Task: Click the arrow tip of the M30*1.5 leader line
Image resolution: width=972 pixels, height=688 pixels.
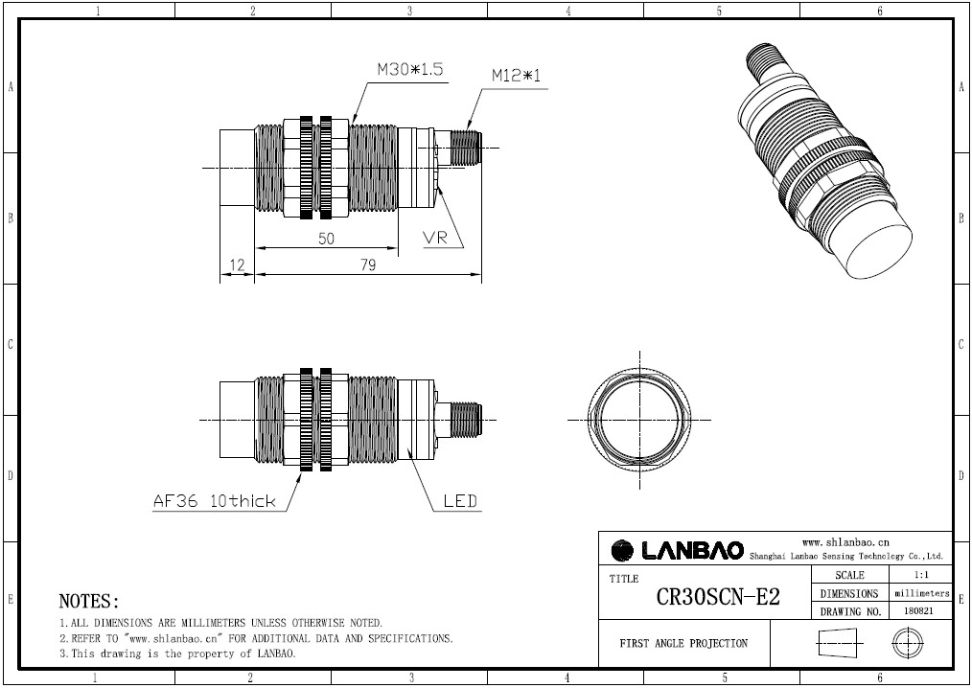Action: click(352, 122)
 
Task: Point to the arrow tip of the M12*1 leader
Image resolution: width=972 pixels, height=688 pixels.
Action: click(467, 129)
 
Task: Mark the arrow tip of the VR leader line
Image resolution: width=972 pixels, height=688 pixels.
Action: click(438, 188)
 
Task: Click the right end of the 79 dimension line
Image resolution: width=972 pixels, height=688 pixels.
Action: click(481, 273)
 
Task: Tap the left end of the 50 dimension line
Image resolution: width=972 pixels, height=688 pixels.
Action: click(255, 248)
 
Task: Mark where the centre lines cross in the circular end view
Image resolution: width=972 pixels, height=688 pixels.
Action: click(639, 420)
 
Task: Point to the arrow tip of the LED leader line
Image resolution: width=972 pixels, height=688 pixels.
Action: click(407, 447)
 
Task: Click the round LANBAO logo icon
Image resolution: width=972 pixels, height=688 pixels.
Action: click(622, 550)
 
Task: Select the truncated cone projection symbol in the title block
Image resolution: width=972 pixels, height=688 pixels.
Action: click(837, 643)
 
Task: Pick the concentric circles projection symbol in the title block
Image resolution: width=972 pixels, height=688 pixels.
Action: click(907, 643)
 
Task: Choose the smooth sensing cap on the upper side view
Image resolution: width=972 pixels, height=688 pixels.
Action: click(238, 168)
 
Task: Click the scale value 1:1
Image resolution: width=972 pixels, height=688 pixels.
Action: click(920, 575)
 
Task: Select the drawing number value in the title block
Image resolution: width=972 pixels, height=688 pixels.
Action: click(920, 610)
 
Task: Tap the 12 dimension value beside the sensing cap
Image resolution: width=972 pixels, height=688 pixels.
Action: click(237, 265)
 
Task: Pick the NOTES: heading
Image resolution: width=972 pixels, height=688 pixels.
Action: click(88, 601)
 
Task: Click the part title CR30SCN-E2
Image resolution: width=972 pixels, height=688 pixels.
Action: click(718, 597)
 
